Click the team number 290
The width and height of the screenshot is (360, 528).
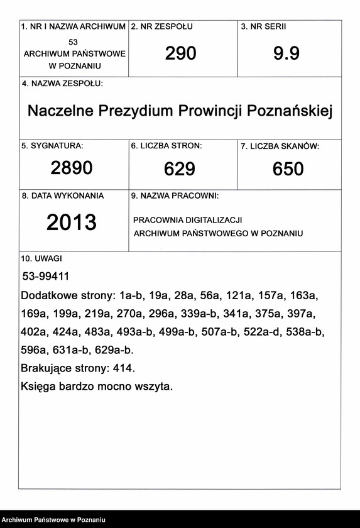(x=181, y=54)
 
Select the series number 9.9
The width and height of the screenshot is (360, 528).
(x=286, y=54)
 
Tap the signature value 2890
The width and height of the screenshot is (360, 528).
(x=72, y=168)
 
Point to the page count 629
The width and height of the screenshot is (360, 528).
(x=180, y=169)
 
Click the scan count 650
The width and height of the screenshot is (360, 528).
(x=288, y=169)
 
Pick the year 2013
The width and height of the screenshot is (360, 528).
(x=72, y=222)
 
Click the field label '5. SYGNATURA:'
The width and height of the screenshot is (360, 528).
(x=52, y=146)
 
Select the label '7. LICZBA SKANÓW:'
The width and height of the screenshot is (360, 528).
(x=280, y=146)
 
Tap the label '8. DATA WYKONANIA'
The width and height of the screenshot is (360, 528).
(x=63, y=195)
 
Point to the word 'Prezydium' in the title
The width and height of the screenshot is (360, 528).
(x=134, y=111)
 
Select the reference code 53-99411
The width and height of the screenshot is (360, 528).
(x=45, y=276)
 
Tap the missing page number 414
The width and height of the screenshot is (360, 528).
(x=124, y=368)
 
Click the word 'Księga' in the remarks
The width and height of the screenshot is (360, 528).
(x=39, y=387)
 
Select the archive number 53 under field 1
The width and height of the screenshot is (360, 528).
(x=74, y=41)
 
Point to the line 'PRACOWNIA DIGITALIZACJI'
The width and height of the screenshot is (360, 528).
(x=187, y=220)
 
